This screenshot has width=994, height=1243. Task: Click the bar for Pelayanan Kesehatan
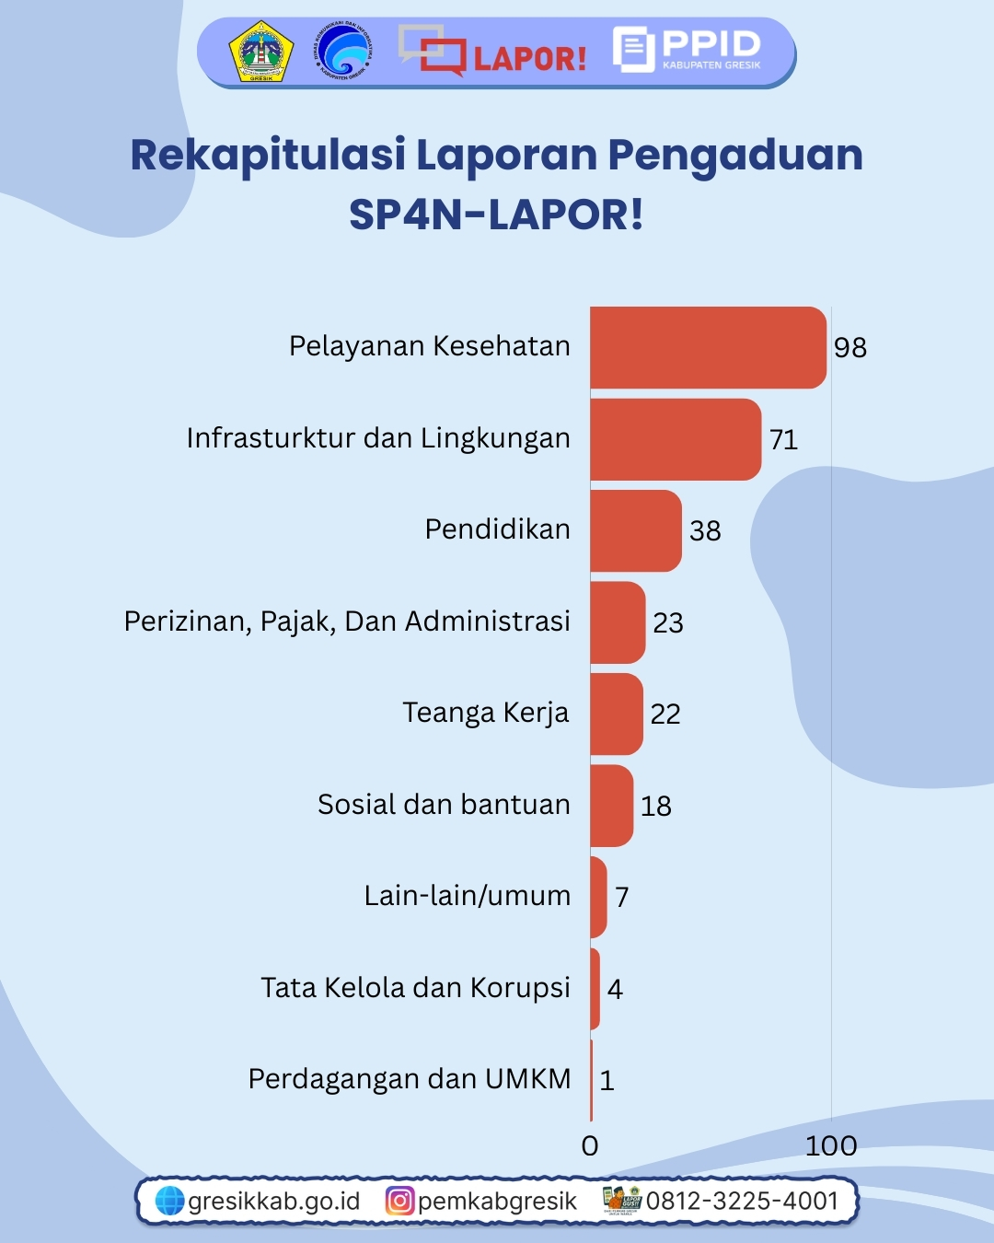(708, 347)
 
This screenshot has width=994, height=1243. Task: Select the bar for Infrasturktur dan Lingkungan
(676, 439)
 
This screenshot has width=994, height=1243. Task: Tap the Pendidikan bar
(636, 530)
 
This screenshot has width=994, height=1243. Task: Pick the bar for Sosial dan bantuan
(611, 806)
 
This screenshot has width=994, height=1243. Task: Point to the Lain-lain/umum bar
(598, 897)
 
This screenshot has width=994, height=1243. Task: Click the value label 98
(850, 348)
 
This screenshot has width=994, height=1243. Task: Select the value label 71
(783, 439)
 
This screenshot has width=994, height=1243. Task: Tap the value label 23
(668, 623)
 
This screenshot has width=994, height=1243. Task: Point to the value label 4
(615, 990)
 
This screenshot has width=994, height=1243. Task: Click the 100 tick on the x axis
(831, 1145)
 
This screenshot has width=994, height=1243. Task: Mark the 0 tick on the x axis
(590, 1145)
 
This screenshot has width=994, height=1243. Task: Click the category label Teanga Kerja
(486, 714)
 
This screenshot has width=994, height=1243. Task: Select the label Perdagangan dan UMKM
(410, 1079)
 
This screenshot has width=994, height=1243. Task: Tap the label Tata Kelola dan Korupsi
(416, 988)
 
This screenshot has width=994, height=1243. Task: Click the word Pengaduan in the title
(735, 155)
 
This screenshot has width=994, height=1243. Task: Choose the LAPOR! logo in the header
(492, 52)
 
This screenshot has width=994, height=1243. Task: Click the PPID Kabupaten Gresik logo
(688, 49)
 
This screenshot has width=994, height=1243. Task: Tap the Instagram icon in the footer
(399, 1201)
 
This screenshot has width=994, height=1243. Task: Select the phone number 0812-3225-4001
(742, 1201)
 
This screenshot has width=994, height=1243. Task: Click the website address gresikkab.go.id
(273, 1201)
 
